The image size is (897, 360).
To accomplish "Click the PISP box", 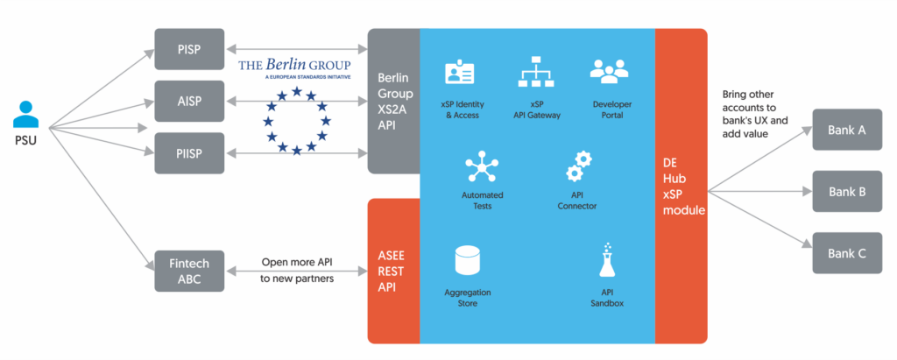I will [x=188, y=50].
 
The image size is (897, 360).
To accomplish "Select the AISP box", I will [x=188, y=100].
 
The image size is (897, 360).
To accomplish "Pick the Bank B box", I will [x=846, y=191].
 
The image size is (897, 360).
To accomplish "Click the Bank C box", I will [x=846, y=253].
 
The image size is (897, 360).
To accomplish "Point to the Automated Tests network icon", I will [x=481, y=167].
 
